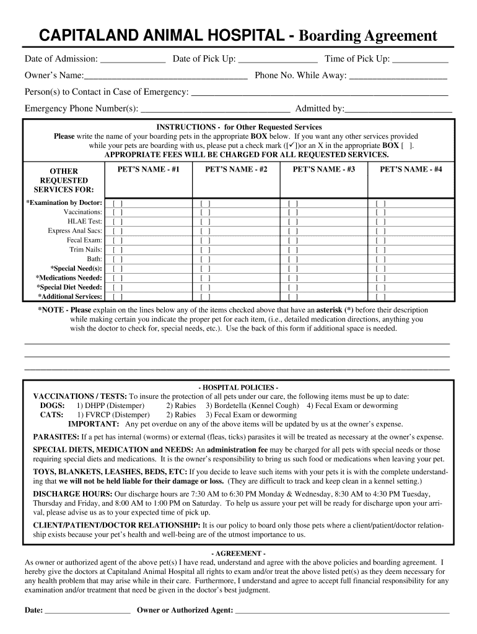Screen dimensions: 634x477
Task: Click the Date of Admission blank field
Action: click(x=133, y=60)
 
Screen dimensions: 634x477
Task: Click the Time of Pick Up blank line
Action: click(x=421, y=60)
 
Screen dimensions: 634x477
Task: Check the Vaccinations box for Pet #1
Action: click(x=118, y=212)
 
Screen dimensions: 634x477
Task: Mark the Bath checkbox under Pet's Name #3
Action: click(x=293, y=259)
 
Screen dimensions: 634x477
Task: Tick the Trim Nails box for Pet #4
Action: click(x=380, y=250)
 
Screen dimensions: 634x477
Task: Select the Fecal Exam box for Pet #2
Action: click(x=205, y=240)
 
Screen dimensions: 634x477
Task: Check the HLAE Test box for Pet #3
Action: click(x=293, y=221)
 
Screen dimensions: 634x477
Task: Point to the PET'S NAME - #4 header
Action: click(x=411, y=169)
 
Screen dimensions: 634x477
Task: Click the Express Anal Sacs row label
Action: click(x=75, y=231)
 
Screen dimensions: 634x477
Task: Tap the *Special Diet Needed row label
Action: click(x=69, y=287)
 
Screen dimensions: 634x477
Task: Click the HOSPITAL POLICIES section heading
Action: click(x=239, y=387)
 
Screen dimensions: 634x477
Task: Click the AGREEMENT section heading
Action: click(x=239, y=553)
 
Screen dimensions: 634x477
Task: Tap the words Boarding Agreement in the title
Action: click(x=368, y=36)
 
